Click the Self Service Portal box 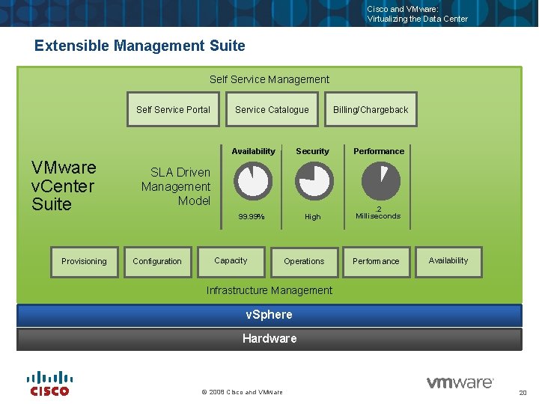[173, 110]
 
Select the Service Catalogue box [272, 110]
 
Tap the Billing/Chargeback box [371, 110]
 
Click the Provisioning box [84, 262]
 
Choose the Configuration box [157, 262]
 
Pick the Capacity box [231, 261]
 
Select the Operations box [304, 262]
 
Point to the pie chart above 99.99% [253, 182]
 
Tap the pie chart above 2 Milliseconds [380, 182]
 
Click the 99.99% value [251, 217]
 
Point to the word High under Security [312, 217]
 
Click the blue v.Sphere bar [269, 315]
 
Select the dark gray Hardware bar [269, 339]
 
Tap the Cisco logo [49, 383]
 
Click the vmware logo [460, 382]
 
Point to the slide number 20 [523, 393]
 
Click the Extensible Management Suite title [140, 46]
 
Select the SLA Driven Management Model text [176, 186]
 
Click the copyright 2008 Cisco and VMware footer [243, 392]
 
